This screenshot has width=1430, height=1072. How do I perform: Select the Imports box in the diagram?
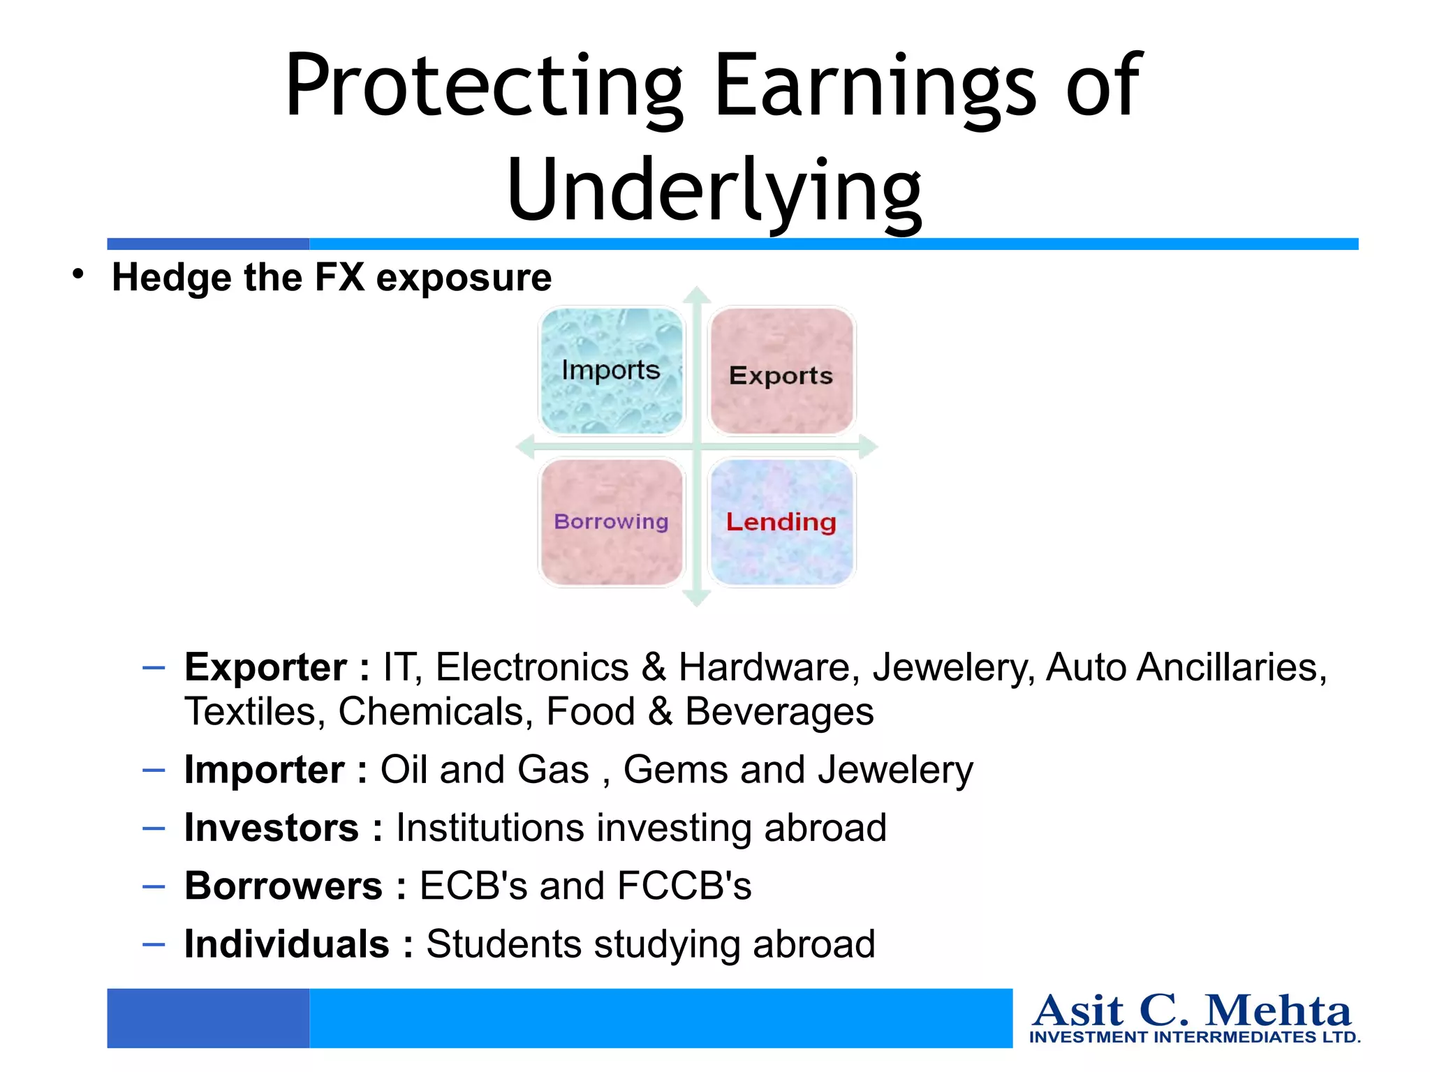(x=612, y=371)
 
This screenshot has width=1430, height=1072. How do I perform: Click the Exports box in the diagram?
(x=781, y=371)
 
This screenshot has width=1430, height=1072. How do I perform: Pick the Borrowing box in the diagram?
(x=612, y=522)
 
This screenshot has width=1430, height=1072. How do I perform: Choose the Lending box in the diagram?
(x=781, y=522)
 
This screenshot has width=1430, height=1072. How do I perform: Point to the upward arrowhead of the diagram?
(x=696, y=295)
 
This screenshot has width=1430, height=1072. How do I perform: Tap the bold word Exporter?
(x=265, y=667)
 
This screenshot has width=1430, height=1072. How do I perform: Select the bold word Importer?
(x=264, y=770)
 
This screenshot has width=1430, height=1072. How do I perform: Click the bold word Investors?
(x=272, y=828)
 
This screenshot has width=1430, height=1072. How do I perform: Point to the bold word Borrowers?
(x=283, y=886)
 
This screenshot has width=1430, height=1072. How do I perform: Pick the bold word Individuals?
(x=286, y=944)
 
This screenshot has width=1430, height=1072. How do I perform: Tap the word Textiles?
(x=255, y=712)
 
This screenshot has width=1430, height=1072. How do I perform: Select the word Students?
(x=503, y=944)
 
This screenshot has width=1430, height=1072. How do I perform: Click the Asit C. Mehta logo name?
(x=1192, y=1011)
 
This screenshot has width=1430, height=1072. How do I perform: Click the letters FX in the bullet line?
(x=339, y=277)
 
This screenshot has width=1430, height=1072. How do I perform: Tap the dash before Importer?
(x=154, y=770)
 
